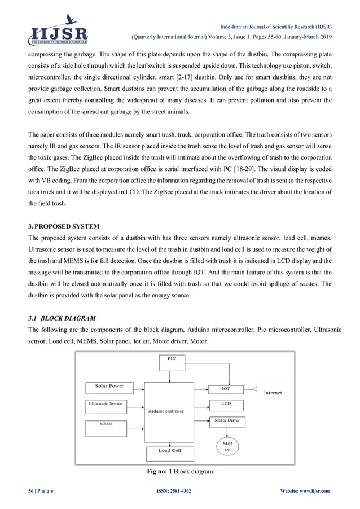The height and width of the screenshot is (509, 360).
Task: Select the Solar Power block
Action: click(x=110, y=387)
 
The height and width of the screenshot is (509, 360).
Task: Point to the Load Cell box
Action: click(x=169, y=451)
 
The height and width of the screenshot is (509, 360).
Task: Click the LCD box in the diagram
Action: click(x=226, y=404)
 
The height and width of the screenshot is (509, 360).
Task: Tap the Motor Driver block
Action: click(x=227, y=421)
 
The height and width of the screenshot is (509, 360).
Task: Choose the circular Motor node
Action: click(x=227, y=446)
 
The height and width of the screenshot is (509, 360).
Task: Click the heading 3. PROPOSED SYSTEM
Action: click(x=51, y=226)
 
